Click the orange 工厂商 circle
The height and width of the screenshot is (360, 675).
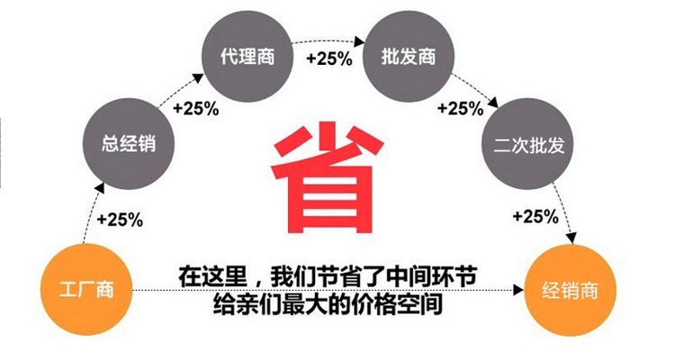click(86, 290)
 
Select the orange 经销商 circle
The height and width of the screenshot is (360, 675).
click(570, 290)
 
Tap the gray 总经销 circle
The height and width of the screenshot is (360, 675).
click(129, 144)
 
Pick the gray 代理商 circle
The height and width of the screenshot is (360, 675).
click(247, 56)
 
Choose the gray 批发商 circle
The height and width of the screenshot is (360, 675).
click(409, 56)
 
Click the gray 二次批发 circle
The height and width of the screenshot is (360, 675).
click(528, 144)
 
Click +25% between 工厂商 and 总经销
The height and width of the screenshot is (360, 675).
click(120, 220)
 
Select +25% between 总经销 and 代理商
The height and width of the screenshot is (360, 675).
click(196, 109)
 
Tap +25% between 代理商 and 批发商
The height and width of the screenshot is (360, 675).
click(329, 58)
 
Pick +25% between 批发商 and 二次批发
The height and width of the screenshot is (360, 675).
click(460, 109)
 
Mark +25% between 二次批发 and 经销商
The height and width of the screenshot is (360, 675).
click(535, 216)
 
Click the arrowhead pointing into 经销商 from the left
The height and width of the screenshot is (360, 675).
click(518, 290)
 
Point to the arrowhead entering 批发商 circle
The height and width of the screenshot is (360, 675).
click(360, 41)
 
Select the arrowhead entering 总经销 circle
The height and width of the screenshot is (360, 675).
click(99, 188)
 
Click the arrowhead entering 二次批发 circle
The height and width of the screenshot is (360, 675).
click(493, 103)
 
